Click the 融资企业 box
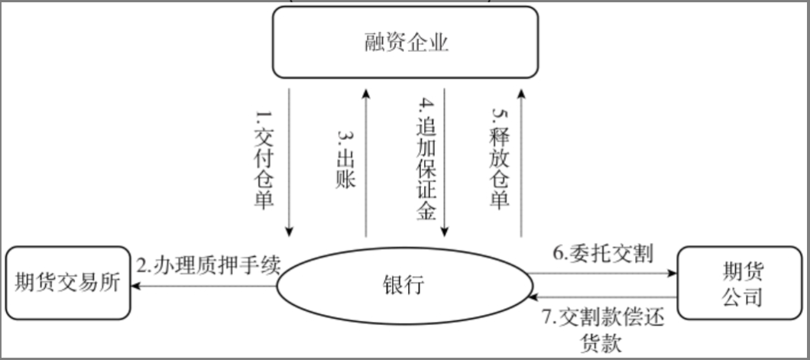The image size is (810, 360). coord(405,43)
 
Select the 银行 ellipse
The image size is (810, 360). coord(403,286)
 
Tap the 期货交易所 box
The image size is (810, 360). coord(67,283)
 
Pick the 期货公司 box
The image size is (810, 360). coord(741,283)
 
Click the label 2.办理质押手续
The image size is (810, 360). coord(209,264)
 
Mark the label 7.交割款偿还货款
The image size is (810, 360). coord(604,329)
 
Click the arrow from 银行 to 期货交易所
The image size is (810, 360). coord(202,287)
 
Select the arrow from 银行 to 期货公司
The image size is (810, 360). coord(604,272)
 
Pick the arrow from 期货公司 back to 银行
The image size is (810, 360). coord(604,297)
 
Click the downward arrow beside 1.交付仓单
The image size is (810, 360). coord(290,161)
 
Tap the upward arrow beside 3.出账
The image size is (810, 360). coord(367,161)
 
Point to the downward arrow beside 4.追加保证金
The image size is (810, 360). coord(446,161)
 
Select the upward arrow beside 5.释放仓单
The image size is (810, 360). coord(520,161)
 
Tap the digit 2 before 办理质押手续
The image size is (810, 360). coord(143,265)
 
